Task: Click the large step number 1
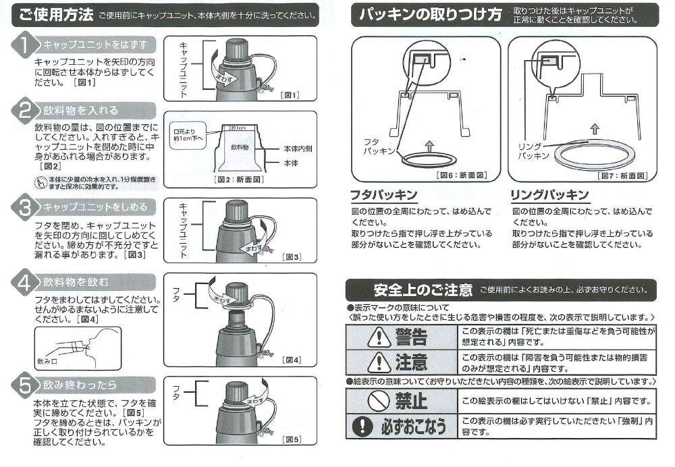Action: pyautogui.click(x=24, y=45)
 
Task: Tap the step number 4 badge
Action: pyautogui.click(x=24, y=282)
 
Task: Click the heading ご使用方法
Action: pyautogui.click(x=56, y=15)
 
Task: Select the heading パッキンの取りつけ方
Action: pyautogui.click(x=430, y=15)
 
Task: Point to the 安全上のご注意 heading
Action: pyautogui.click(x=423, y=290)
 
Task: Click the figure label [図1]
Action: pyautogui.click(x=290, y=94)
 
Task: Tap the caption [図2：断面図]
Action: pyautogui.click(x=239, y=179)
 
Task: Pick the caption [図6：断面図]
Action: pyautogui.click(x=462, y=175)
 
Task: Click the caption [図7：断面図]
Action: pyautogui.click(x=622, y=175)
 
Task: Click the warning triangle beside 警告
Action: pyautogui.click(x=379, y=337)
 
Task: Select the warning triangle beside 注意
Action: pyautogui.click(x=379, y=362)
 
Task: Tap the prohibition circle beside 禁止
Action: pyautogui.click(x=379, y=401)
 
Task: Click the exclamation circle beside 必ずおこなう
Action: pyautogui.click(x=362, y=426)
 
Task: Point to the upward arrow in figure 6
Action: pyautogui.click(x=429, y=146)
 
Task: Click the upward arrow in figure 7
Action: pyautogui.click(x=595, y=129)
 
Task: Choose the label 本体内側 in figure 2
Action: pyautogui.click(x=298, y=149)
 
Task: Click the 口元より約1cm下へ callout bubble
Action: pyautogui.click(x=188, y=135)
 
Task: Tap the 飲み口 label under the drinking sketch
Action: pyautogui.click(x=47, y=362)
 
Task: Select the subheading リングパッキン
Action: pyautogui.click(x=549, y=195)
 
